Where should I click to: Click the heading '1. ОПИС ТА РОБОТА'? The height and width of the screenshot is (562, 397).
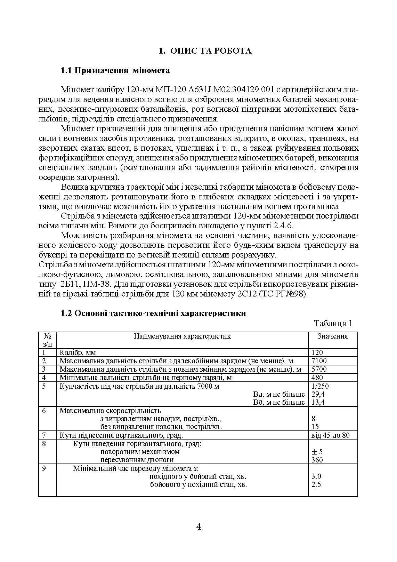coord(205,51)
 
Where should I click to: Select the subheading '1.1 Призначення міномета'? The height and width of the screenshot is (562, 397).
coord(115,71)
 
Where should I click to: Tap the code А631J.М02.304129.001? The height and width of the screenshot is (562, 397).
coord(229,90)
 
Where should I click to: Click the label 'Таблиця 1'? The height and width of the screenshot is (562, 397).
coord(333,323)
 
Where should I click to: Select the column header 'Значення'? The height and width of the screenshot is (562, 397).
coord(332,336)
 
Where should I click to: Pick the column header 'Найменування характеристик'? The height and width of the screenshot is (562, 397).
coord(182,336)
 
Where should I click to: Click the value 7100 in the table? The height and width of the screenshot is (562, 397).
coord(319,361)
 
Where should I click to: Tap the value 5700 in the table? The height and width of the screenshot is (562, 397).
coord(319,369)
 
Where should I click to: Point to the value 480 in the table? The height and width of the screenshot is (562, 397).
coord(317,378)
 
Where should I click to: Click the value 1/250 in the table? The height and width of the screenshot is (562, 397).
coord(320,386)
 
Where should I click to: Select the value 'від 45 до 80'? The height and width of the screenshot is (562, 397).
coord(331,435)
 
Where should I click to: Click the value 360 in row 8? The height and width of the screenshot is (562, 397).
coord(317,460)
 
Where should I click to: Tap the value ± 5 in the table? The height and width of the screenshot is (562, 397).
coord(317,452)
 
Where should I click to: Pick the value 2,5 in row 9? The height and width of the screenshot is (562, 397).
coord(316,484)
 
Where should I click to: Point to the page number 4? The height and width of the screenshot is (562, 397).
coord(198,527)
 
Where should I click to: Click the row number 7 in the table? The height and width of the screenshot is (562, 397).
coord(44,435)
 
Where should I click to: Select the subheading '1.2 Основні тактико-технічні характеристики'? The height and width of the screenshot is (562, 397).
coord(153,313)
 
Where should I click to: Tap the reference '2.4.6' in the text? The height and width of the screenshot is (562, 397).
coord(283,226)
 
